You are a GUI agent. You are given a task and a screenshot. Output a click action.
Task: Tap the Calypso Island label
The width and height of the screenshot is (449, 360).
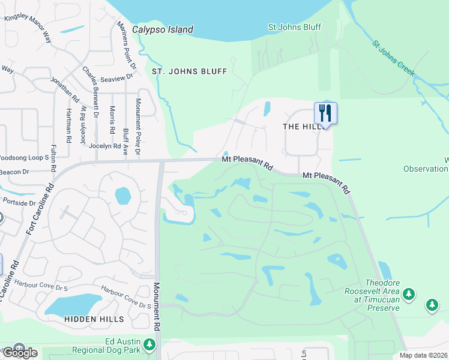[x=163, y=29]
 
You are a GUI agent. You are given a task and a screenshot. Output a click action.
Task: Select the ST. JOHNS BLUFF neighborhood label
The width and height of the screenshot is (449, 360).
[x=189, y=71]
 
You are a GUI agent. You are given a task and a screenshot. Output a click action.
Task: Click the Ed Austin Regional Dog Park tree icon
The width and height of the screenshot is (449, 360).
[x=149, y=345]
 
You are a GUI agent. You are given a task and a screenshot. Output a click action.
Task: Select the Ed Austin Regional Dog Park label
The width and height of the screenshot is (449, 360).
[x=106, y=346]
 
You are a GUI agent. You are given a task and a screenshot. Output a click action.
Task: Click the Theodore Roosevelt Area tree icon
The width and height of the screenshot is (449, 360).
[x=409, y=293]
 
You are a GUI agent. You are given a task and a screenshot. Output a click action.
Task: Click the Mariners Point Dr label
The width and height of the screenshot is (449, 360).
[x=128, y=44]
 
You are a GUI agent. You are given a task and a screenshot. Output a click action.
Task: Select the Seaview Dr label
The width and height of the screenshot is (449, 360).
[x=117, y=79]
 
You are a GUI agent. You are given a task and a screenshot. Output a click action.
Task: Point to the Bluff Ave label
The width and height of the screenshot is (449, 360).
[x=125, y=142]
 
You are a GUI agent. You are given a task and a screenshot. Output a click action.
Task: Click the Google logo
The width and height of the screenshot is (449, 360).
[x=20, y=352]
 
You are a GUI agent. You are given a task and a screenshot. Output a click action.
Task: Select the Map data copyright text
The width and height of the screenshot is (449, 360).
[x=424, y=355]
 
